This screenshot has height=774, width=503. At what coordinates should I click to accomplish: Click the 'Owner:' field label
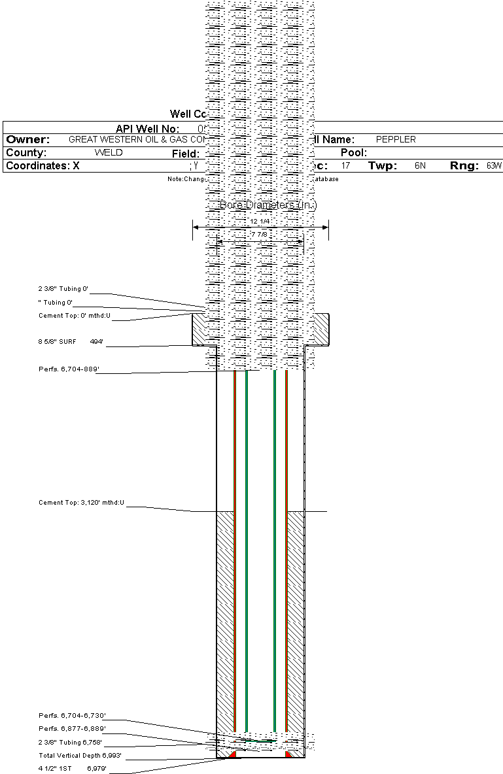[28, 140]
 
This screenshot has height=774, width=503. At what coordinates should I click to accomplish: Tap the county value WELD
[109, 153]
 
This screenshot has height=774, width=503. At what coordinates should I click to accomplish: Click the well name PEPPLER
[396, 140]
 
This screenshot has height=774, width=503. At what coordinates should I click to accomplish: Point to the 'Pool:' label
[354, 153]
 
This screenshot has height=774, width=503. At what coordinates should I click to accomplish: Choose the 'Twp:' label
[383, 166]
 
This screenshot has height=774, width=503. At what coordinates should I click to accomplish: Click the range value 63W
[493, 166]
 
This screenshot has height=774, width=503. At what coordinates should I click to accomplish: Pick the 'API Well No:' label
[147, 129]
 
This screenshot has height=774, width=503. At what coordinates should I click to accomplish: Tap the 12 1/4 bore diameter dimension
[260, 222]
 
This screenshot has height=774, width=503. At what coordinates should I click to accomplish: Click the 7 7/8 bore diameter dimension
[260, 234]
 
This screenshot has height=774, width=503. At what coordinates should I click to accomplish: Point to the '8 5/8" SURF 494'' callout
[71, 341]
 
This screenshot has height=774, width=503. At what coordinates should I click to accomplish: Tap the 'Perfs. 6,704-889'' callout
[69, 369]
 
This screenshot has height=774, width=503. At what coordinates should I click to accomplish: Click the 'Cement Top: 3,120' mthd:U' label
[82, 503]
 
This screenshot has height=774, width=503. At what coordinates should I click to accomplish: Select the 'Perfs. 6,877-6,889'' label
[72, 728]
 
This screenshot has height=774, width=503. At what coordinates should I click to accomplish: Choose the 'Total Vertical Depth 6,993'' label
[80, 756]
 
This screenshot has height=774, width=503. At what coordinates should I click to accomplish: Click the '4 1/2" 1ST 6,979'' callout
[72, 769]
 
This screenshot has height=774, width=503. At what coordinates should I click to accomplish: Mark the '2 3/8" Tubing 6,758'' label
[70, 743]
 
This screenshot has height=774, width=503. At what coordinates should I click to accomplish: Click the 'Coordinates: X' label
[43, 166]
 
